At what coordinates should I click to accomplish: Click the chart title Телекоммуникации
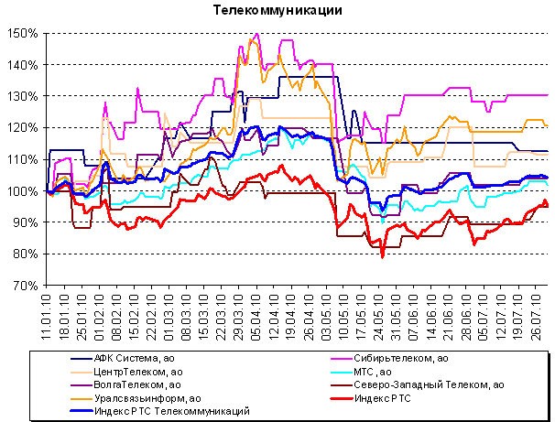pos(277,11)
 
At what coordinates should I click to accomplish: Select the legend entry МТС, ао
pos(382,372)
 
